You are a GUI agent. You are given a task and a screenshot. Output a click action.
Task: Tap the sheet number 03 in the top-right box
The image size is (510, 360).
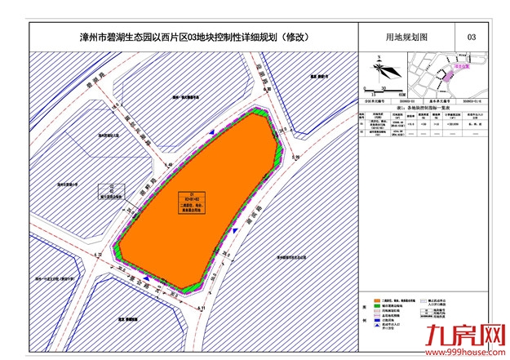tap(471, 37)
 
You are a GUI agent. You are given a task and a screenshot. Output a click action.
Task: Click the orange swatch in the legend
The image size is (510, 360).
tap(376, 300)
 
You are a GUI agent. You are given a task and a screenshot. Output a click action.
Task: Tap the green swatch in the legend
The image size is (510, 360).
tap(376, 307)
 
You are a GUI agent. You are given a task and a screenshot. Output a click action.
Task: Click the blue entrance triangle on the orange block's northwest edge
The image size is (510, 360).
tap(214, 131)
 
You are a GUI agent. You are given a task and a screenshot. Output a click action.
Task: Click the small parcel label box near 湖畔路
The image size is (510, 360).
tap(110, 197)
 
